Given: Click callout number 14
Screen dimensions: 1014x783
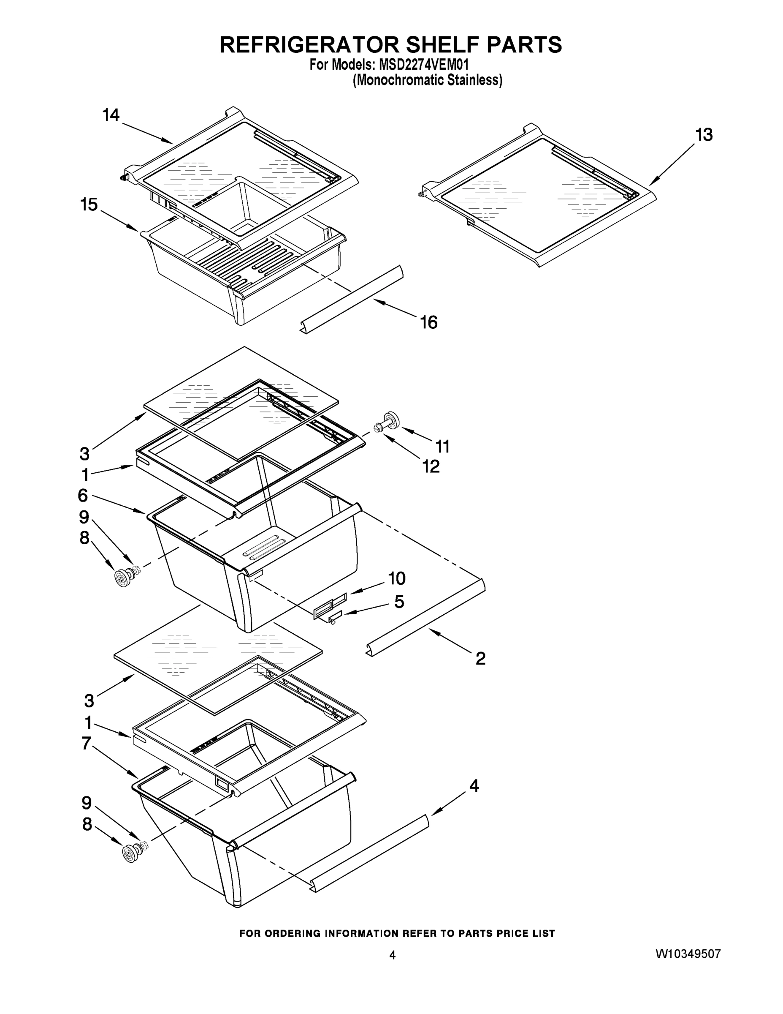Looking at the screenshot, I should point(111,115).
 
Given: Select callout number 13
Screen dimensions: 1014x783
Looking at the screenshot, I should point(704,135).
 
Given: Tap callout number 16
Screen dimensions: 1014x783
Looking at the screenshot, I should point(428,322).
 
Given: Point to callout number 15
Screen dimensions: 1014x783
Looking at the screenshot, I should point(89,205).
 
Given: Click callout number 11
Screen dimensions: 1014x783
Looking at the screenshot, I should point(442,447).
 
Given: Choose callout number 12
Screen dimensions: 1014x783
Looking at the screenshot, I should point(431,466).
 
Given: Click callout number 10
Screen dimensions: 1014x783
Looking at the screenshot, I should point(397,578).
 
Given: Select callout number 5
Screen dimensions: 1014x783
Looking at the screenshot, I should point(399,602).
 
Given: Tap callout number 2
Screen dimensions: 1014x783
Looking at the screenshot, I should point(480,658).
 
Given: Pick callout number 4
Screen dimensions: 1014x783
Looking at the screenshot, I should point(474,785).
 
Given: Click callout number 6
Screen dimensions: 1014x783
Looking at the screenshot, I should point(83,496).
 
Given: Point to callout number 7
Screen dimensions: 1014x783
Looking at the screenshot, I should point(86,743).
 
